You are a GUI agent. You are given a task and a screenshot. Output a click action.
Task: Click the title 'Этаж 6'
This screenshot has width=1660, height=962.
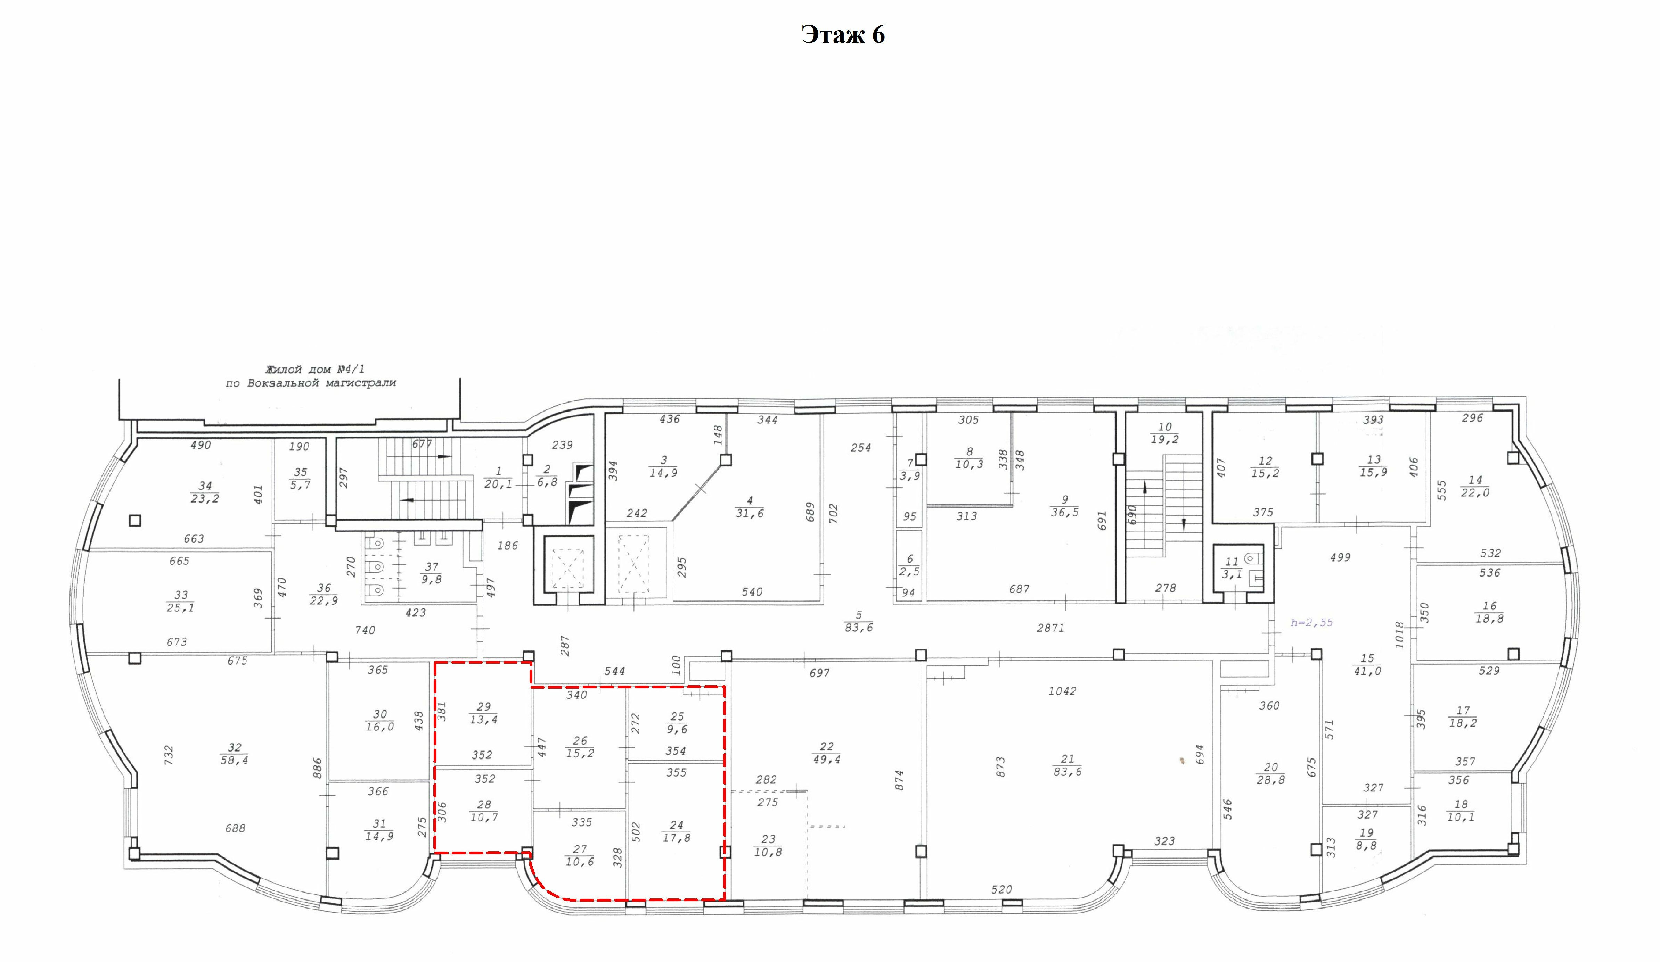tap(843, 34)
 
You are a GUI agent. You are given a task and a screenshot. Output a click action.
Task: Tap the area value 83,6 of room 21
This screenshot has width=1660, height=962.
tap(1067, 772)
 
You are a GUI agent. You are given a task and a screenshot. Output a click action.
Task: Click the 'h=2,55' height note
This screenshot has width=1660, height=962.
tap(1311, 622)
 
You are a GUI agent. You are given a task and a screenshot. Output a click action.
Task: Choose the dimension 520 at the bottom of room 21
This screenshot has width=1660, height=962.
tap(1001, 889)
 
